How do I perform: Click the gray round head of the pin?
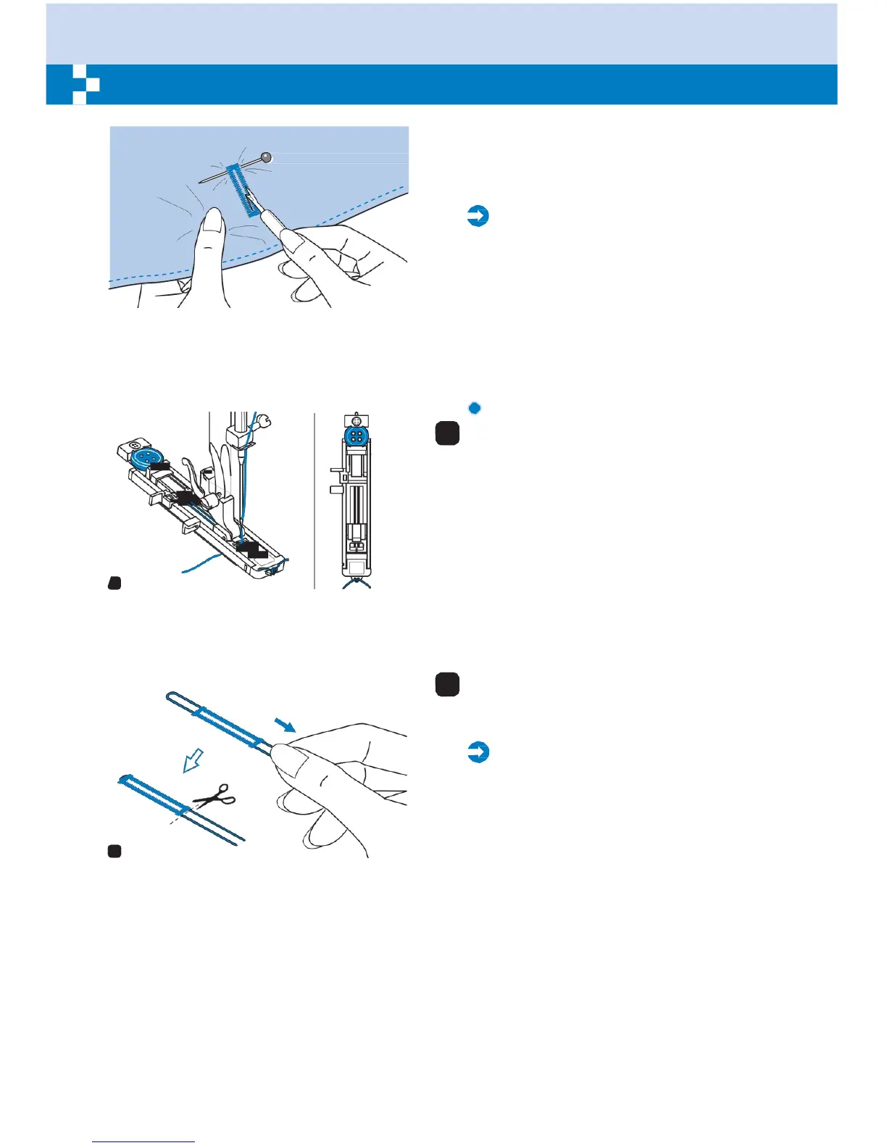(267, 157)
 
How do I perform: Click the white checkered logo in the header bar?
(86, 85)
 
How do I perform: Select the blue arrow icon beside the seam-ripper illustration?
(478, 216)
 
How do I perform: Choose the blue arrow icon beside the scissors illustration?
(478, 752)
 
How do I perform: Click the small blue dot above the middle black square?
(475, 408)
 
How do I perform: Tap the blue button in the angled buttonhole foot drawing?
(146, 458)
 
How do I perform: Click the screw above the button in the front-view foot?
(355, 420)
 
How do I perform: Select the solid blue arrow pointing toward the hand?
(286, 725)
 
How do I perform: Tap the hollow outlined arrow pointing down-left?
(193, 761)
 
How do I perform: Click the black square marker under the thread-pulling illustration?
(114, 852)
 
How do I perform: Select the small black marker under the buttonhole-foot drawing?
(114, 583)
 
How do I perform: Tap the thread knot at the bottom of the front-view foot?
(356, 581)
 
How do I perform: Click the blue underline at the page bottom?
(143, 1141)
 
